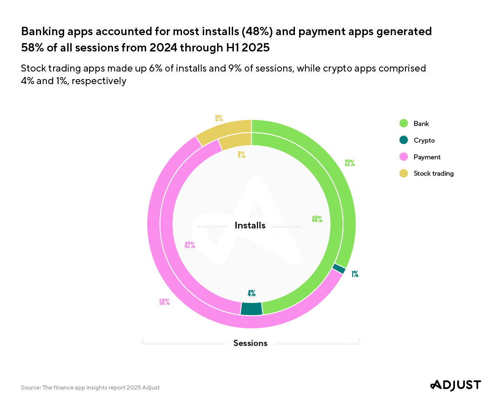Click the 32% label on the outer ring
[350, 163]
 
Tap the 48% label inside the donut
[317, 219]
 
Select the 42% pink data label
[190, 245]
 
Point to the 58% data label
[164, 302]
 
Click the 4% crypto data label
[251, 293]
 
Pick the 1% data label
[355, 274]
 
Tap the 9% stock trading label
[219, 118]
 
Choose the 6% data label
[241, 155]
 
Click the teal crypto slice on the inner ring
[251, 308]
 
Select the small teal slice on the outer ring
[339, 269]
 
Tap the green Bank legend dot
[404, 123]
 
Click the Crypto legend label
[424, 140]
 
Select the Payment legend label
[427, 157]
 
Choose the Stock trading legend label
[433, 173]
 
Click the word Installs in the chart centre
[250, 225]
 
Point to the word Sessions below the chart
[250, 343]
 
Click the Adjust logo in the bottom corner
[456, 385]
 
